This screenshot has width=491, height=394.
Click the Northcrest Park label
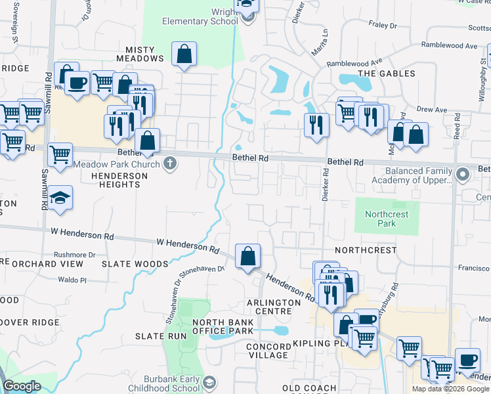click(387, 219)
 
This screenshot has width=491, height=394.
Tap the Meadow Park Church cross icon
click(170, 164)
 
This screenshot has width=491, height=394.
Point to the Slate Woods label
click(135, 264)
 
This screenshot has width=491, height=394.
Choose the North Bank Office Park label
click(223, 326)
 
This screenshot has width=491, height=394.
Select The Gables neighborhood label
click(386, 74)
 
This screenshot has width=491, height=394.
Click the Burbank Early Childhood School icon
click(209, 383)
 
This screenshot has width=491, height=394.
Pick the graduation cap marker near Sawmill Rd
click(60, 199)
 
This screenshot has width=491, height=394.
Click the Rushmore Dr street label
click(74, 255)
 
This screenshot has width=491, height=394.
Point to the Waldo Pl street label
click(72, 280)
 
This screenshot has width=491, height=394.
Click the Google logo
click(22, 386)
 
